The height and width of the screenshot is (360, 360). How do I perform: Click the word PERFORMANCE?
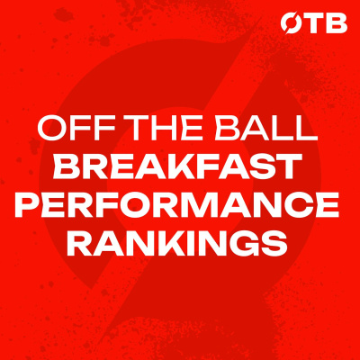[177, 205]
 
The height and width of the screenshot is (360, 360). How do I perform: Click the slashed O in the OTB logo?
[291, 23]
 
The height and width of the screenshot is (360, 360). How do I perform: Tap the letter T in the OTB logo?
[312, 24]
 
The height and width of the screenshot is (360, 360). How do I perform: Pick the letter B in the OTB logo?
[337, 24]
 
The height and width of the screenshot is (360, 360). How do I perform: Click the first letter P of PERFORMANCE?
[26, 205]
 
